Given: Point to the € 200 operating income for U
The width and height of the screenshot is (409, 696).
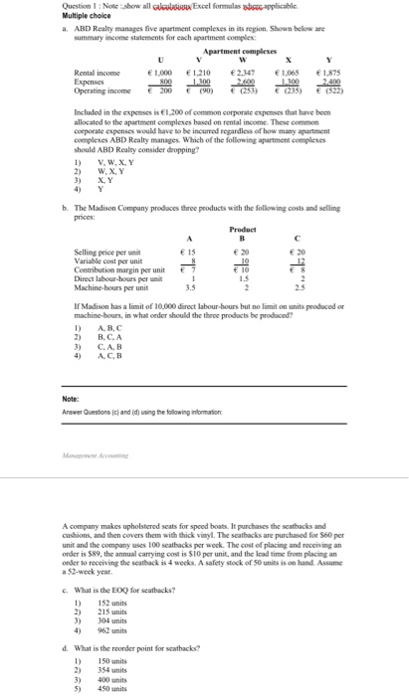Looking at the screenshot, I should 160,89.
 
